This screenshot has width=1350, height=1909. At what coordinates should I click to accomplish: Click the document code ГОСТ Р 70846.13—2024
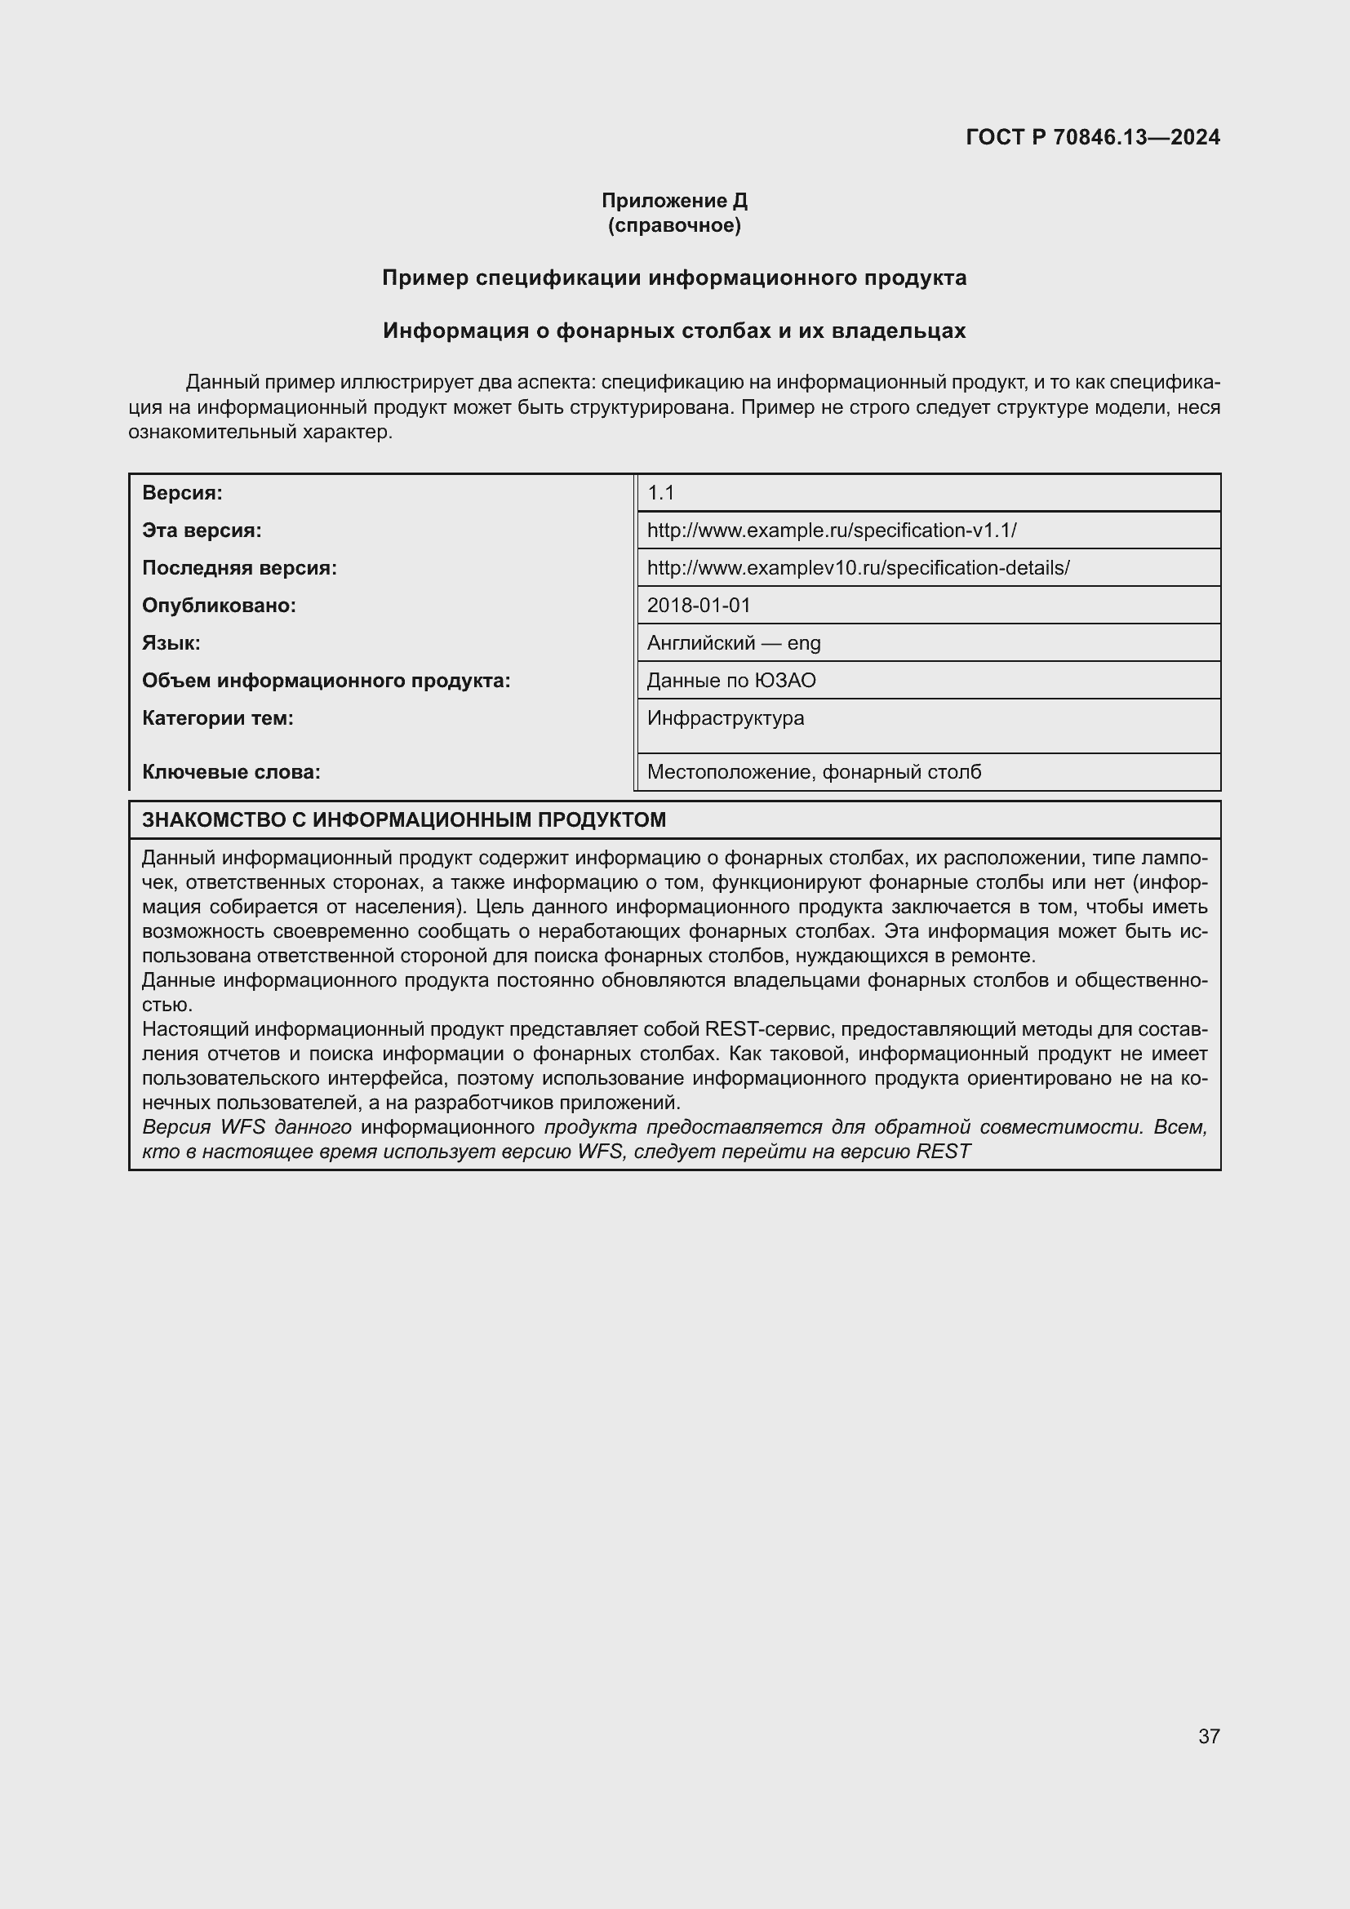pyautogui.click(x=1092, y=137)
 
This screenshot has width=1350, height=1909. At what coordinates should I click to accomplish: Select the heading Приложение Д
pyautogui.click(x=674, y=201)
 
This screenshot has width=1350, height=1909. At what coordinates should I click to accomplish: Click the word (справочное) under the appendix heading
pyautogui.click(x=674, y=225)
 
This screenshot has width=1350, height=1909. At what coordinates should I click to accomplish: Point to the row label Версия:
pyautogui.click(x=182, y=493)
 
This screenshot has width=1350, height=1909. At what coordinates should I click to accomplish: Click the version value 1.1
pyautogui.click(x=661, y=493)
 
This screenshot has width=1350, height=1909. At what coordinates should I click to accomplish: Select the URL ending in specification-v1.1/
pyautogui.click(x=831, y=531)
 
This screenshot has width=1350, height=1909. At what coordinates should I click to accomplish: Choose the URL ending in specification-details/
pyautogui.click(x=858, y=568)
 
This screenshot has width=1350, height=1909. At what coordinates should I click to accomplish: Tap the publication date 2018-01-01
pyautogui.click(x=699, y=606)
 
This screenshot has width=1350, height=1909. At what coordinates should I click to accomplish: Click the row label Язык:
pyautogui.click(x=171, y=642)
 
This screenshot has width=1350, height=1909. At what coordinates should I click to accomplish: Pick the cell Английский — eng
pyautogui.click(x=733, y=642)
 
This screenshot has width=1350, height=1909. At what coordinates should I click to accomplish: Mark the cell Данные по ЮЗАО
pyautogui.click(x=731, y=681)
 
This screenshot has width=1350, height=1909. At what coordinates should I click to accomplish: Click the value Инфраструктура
pyautogui.click(x=725, y=718)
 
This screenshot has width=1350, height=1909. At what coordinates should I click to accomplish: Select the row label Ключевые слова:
pyautogui.click(x=231, y=772)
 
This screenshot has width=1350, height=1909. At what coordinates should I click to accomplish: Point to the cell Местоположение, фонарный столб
pyautogui.click(x=813, y=772)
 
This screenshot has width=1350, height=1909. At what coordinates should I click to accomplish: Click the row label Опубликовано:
pyautogui.click(x=219, y=606)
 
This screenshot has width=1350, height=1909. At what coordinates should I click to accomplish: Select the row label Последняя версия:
pyautogui.click(x=239, y=568)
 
